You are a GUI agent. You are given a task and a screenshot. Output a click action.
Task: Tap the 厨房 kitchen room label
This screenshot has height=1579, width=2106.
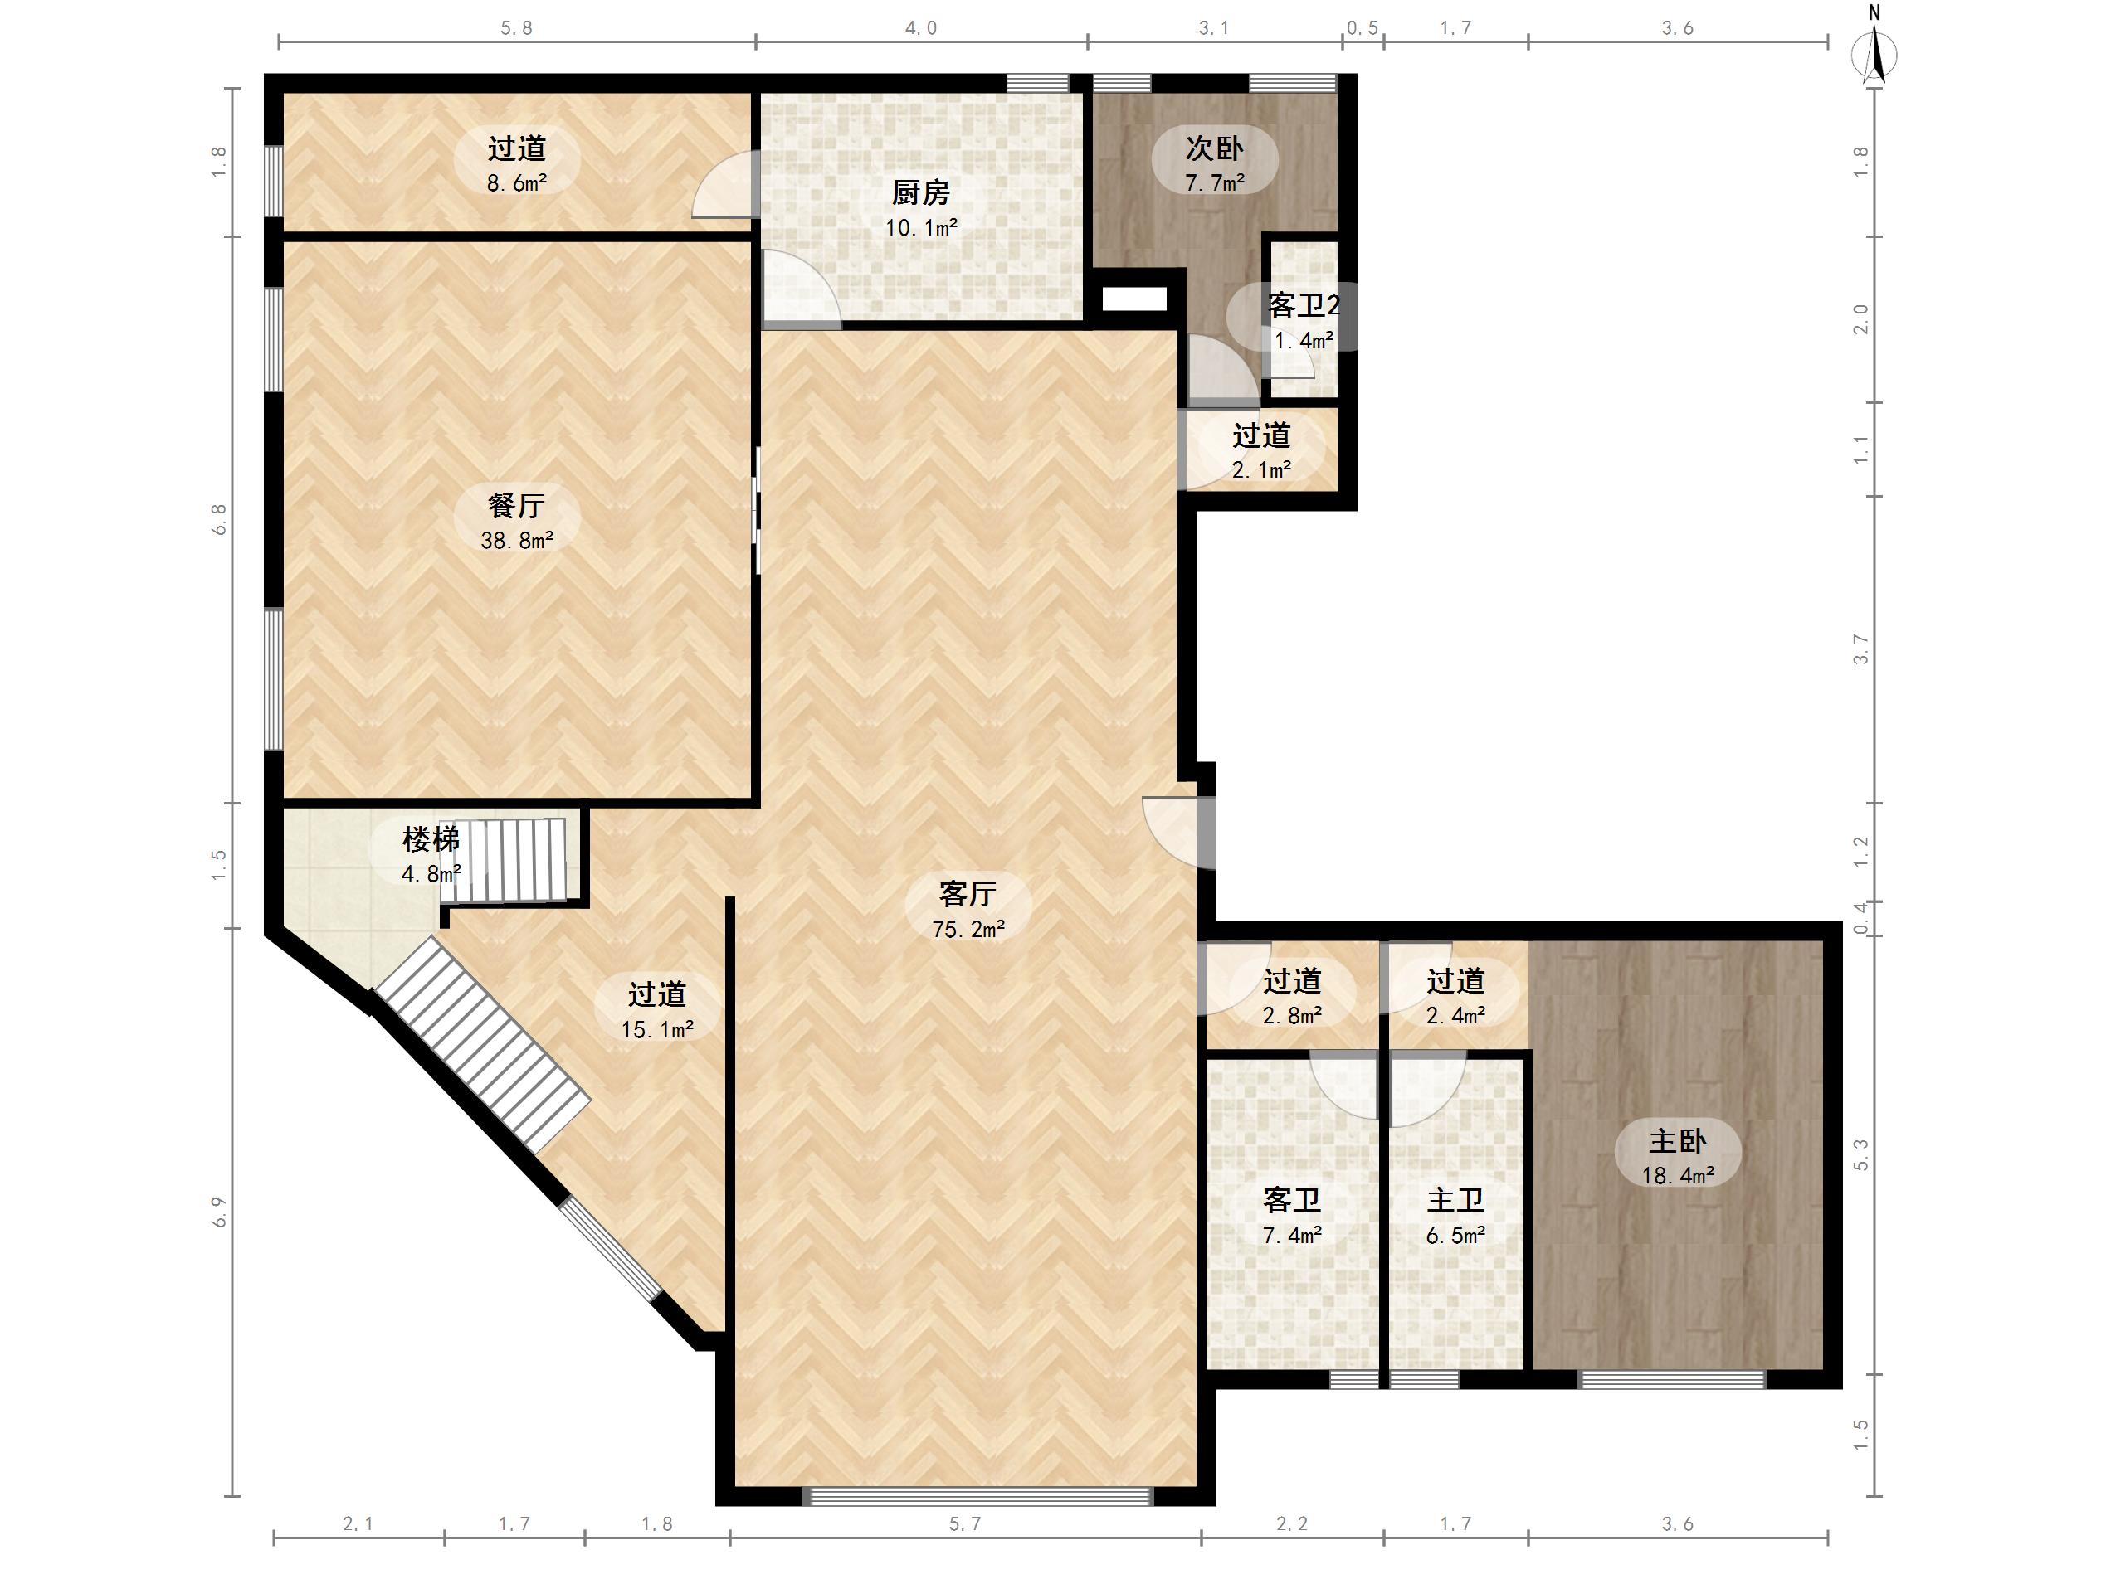tap(921, 193)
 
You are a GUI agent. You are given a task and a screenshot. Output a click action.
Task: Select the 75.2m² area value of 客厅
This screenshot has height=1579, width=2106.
tap(968, 929)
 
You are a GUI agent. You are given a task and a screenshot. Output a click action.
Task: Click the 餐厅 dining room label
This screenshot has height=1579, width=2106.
tap(516, 505)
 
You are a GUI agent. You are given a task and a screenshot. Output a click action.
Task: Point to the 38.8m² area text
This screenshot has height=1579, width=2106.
tap(517, 541)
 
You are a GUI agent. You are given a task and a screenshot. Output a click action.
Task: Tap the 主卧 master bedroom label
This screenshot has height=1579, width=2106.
tap(1678, 1140)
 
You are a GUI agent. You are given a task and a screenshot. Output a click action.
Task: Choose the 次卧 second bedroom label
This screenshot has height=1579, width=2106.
tap(1214, 148)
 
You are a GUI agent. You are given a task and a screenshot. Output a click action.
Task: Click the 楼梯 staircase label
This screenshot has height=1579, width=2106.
tap(431, 839)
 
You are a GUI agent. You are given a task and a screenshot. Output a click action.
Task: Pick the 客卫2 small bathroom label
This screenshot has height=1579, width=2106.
tap(1304, 305)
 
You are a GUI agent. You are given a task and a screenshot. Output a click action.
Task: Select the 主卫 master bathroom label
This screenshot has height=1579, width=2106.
tap(1455, 1200)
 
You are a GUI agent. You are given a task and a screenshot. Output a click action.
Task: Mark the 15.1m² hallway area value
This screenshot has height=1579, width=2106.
tap(657, 1030)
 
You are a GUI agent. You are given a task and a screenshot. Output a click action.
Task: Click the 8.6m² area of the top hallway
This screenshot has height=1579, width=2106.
tap(517, 182)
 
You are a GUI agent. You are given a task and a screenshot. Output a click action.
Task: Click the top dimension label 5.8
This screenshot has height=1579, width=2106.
tap(517, 28)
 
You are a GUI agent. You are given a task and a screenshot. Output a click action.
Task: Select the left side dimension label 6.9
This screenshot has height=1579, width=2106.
tap(220, 1212)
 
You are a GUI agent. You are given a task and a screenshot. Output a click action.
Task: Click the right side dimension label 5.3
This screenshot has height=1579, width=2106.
tap(1860, 1155)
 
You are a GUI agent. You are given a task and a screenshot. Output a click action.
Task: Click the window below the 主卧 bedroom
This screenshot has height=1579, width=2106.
tap(1672, 1379)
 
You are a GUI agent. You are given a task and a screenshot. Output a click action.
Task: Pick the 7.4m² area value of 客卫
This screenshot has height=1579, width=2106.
tap(1292, 1236)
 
